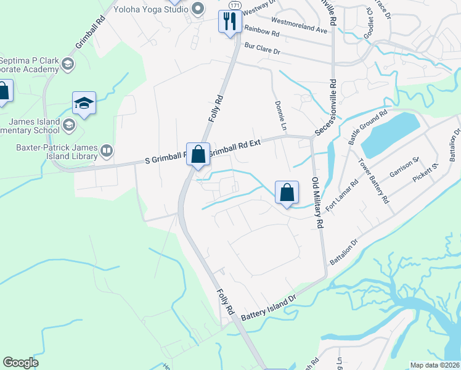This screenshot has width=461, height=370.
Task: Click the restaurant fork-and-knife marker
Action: [229, 22]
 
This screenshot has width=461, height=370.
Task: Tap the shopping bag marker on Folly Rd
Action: [198, 154]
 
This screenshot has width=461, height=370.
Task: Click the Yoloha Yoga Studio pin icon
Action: [198, 9]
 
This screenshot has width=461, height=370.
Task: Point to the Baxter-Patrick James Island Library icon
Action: [106, 150]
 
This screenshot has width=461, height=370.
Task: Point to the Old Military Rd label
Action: [316, 203]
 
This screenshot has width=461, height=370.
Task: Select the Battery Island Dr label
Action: [269, 306]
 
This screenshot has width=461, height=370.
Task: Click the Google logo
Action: [21, 363]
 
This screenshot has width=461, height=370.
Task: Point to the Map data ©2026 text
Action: [435, 365]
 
